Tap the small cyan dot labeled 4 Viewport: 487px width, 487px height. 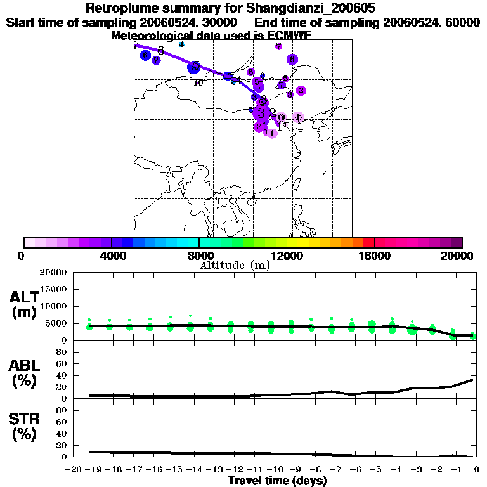click(181, 44)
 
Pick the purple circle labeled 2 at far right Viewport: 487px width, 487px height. click(301, 91)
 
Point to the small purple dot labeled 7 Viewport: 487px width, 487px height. click(278, 46)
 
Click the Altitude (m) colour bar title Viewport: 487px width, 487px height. click(235, 266)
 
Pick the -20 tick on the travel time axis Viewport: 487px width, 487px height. click(74, 470)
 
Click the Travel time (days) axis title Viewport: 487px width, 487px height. click(277, 481)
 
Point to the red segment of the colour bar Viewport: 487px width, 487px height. click(368, 242)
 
